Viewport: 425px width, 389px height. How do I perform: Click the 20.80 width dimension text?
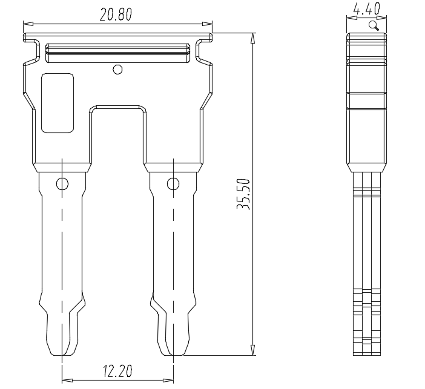[x=116, y=15]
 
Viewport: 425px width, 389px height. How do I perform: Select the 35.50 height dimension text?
[x=243, y=194]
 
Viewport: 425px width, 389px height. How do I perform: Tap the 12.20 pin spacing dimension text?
[x=117, y=371]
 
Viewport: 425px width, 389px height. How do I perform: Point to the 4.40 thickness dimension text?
[x=366, y=9]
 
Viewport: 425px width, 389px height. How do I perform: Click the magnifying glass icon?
[x=374, y=26]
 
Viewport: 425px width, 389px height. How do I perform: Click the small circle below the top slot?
[x=117, y=70]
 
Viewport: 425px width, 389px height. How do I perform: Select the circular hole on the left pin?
[x=62, y=184]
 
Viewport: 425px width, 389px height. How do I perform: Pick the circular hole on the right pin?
[x=173, y=184]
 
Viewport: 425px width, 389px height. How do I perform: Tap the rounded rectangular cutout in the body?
[x=58, y=103]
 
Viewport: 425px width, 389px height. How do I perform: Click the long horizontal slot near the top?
[x=117, y=53]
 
